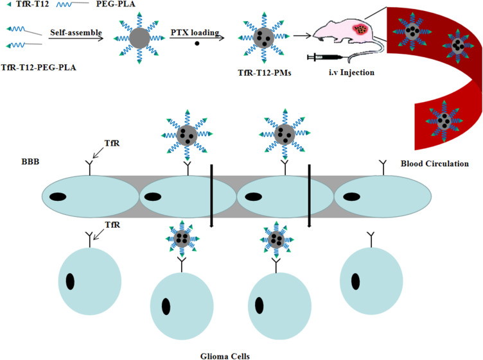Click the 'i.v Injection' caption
350,72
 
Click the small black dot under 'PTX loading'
196,44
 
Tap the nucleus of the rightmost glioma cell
355,280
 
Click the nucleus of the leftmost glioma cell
70,280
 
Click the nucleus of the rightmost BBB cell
349,196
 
